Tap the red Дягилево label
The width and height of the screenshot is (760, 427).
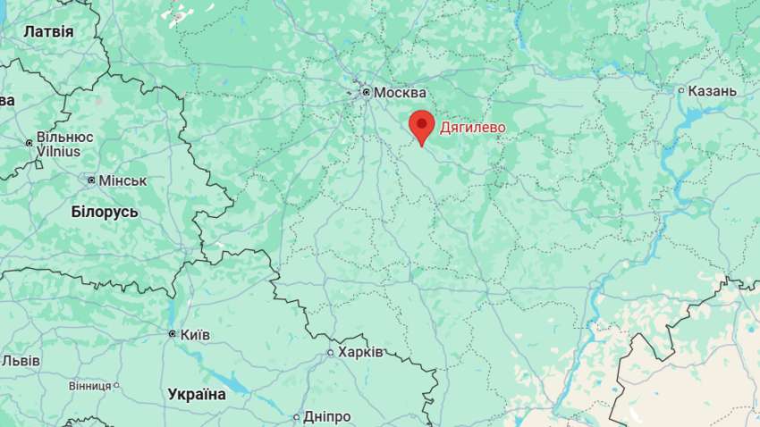coord(472,128)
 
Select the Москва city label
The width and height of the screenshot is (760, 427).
coord(400,93)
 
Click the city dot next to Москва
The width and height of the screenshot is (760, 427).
coord(366,92)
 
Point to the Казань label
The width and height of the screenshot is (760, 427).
coord(713,91)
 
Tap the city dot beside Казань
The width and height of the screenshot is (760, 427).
coord(681,90)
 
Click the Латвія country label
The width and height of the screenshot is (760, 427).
coord(48,31)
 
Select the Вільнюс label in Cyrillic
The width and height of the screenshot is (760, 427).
coord(64,138)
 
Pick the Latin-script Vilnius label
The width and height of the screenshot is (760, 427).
coord(58,152)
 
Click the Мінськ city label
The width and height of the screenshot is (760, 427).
coord(122,180)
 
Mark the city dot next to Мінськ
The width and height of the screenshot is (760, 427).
coord(91,180)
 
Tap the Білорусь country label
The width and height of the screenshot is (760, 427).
coord(105,212)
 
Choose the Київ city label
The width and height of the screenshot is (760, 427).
coord(195,334)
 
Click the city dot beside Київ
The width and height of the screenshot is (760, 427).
coord(173,334)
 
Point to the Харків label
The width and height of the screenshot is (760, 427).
coord(360,352)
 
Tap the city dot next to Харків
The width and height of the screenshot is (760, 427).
coord(330,353)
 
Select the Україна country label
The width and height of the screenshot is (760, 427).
coord(197,394)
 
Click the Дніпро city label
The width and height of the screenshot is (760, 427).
coord(326,416)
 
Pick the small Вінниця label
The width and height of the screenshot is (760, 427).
coord(89,386)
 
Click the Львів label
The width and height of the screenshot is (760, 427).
coord(20,361)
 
